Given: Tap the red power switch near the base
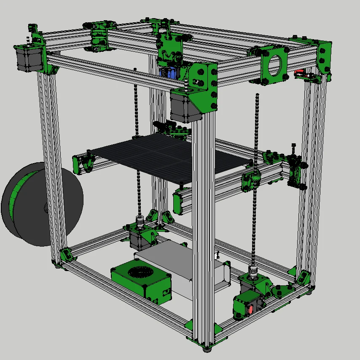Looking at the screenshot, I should tap(251, 309).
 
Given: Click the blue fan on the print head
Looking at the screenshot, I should tap(172, 73).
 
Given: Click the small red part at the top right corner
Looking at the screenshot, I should tap(300, 72).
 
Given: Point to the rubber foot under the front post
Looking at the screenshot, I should tap(207, 348).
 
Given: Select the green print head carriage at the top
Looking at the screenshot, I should tap(171, 46).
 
